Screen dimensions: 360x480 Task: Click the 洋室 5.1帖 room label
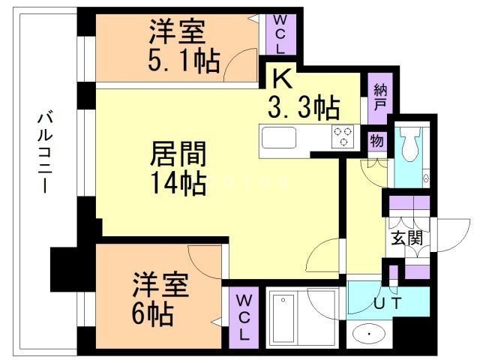[x=184, y=47]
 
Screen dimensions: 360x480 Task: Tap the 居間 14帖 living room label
[x=177, y=169]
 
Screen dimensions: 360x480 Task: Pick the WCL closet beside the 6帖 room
[x=244, y=316]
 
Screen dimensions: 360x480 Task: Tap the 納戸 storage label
[x=379, y=96]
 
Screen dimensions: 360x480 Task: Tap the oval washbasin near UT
[x=369, y=333]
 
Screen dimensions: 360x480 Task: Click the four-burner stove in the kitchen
[x=344, y=136]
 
